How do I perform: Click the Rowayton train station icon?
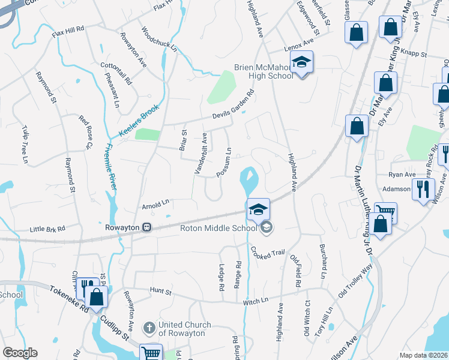[147, 227]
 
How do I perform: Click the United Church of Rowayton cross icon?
[149, 328]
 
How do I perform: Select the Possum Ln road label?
[224, 162]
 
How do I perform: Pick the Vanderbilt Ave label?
[200, 153]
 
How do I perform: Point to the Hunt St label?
[160, 292]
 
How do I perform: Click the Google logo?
[19, 353]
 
